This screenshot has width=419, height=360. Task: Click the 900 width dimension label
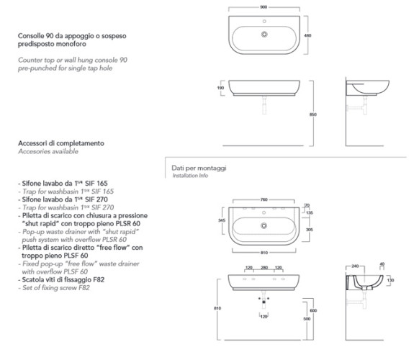click(263, 7)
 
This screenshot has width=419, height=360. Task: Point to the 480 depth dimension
click(308, 35)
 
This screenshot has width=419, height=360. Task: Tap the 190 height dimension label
click(221, 88)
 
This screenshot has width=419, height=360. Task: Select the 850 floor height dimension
click(313, 114)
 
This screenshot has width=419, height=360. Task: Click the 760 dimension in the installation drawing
click(263, 199)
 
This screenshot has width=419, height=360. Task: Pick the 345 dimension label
click(222, 220)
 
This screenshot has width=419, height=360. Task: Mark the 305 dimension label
click(309, 229)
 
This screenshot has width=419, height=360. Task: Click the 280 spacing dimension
click(264, 267)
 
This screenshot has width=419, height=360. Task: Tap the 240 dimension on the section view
click(355, 266)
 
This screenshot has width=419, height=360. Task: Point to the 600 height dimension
click(313, 310)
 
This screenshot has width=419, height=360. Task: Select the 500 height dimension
click(307, 318)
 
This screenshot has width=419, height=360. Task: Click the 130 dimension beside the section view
click(390, 280)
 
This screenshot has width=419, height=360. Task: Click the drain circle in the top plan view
click(264, 35)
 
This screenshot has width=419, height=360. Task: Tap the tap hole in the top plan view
click(264, 21)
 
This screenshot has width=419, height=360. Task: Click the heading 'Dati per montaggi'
click(199, 168)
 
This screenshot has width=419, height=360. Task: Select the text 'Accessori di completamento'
click(61, 143)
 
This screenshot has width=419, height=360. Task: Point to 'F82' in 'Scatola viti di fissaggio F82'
click(99, 279)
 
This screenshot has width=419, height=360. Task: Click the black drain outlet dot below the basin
click(264, 302)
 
